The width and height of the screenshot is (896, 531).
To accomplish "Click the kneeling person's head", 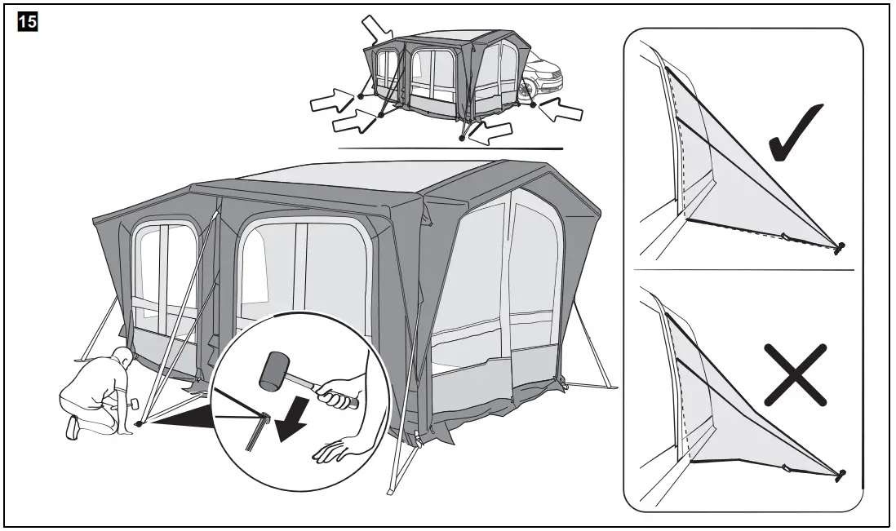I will (121, 358).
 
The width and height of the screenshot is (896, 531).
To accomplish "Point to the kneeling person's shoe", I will (73, 427).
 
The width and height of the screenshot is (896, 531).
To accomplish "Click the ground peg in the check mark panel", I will (841, 246).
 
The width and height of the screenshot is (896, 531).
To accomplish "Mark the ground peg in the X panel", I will (841, 474).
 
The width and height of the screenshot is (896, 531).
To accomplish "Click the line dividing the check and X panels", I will (743, 270).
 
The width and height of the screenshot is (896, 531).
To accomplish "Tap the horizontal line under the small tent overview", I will (450, 149).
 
